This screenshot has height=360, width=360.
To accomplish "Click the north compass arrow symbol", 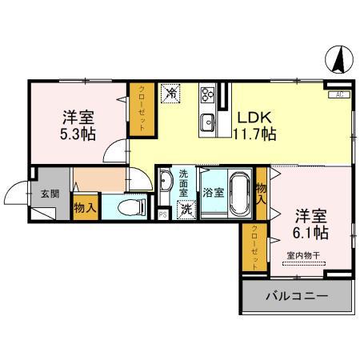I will [338, 59].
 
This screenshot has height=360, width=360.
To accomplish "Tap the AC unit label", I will [338, 94].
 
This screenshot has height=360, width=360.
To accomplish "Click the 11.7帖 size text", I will [254, 134].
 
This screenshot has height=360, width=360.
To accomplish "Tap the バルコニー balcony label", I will [296, 297].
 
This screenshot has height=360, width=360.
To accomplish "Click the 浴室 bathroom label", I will [212, 193].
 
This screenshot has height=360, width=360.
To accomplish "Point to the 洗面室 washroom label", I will [183, 184].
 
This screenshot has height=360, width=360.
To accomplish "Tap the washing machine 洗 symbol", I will [186, 210].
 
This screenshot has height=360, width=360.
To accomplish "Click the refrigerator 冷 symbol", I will [171, 94].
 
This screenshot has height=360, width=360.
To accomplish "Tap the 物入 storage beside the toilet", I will [86, 208].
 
